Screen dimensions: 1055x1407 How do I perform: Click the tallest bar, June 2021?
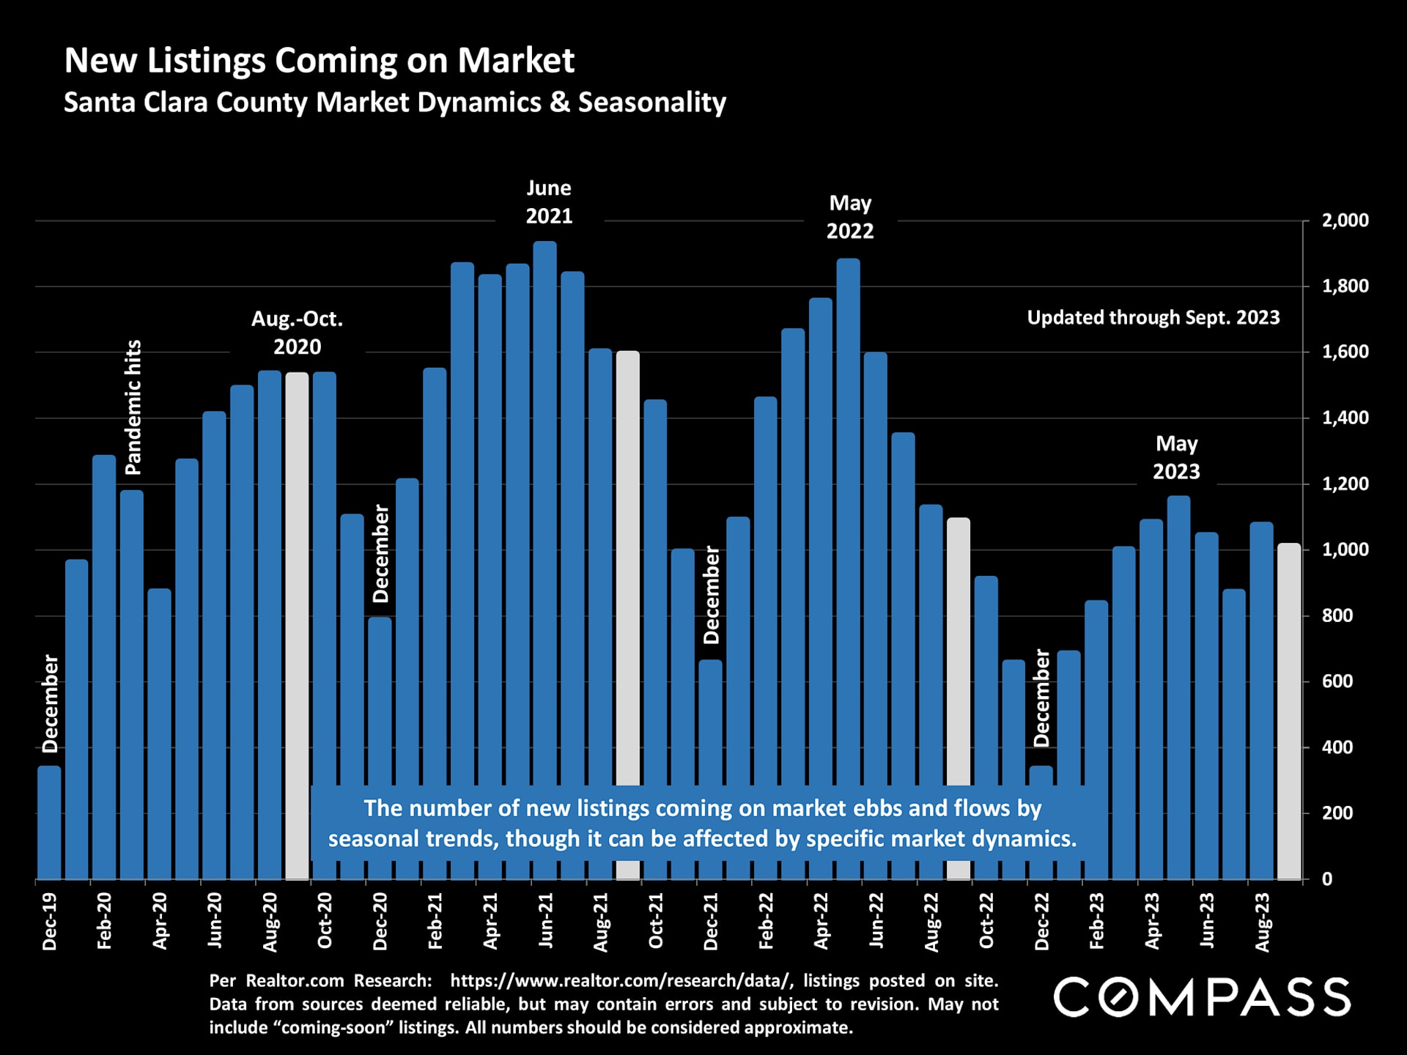click(x=544, y=513)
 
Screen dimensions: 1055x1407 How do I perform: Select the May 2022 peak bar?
click(x=848, y=513)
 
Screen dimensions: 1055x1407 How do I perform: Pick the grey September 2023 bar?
click(x=1288, y=711)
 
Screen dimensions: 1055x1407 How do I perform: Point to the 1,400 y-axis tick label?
click(x=1345, y=418)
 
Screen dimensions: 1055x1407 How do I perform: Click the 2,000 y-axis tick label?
click(x=1345, y=221)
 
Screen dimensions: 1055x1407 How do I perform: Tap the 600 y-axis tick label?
click(x=1337, y=681)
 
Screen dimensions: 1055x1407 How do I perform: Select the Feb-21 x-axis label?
click(x=435, y=921)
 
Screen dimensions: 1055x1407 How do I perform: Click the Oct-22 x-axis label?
click(x=986, y=921)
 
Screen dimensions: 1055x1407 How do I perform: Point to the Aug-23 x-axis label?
click(x=1262, y=922)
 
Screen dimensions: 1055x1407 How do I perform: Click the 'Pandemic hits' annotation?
click(x=133, y=407)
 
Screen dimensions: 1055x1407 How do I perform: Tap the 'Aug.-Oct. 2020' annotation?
click(x=297, y=333)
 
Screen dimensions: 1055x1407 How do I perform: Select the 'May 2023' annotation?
click(x=1176, y=457)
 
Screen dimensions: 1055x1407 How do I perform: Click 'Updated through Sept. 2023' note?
click(x=1153, y=318)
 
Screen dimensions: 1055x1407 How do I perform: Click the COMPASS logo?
click(x=1202, y=997)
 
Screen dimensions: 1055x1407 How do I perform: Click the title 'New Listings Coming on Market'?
click(x=319, y=60)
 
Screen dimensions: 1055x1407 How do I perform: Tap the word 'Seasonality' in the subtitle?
click(x=651, y=103)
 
